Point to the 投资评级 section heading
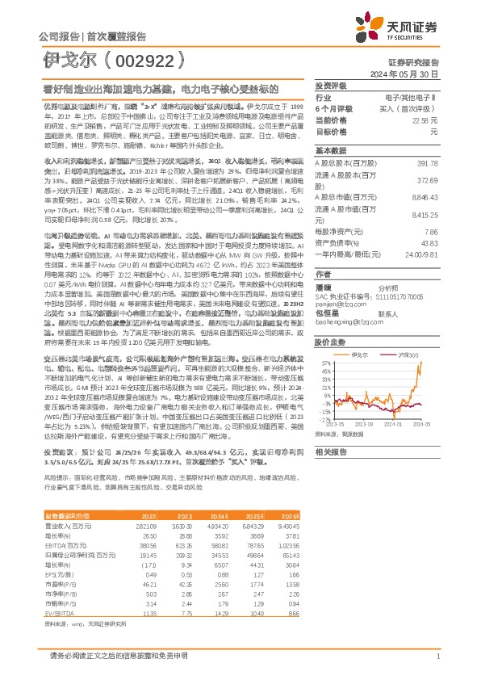(331, 85)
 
